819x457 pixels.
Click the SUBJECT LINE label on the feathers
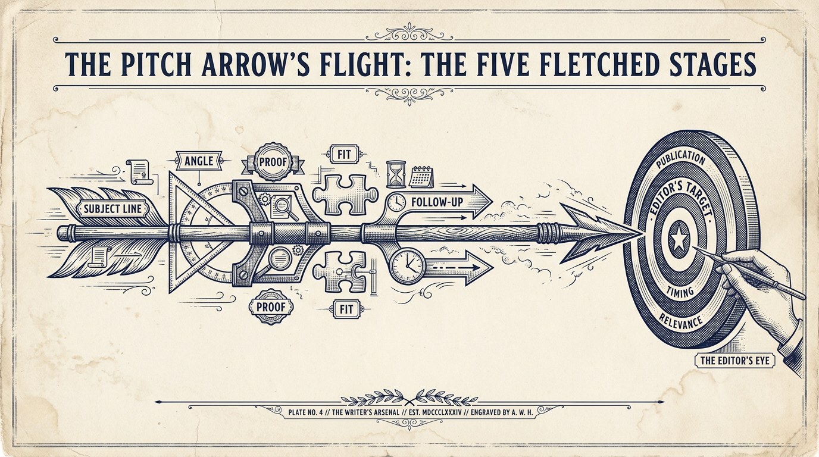[x=113, y=209]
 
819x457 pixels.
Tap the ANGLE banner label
[x=199, y=161]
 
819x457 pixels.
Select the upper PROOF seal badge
[x=273, y=162]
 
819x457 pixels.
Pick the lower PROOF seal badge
[x=271, y=306]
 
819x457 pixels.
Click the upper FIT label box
[x=344, y=155]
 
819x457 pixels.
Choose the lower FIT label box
[x=346, y=309]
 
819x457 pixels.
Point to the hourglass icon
[x=396, y=175]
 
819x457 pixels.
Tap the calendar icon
[x=421, y=177]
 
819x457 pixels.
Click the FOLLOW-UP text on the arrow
[x=437, y=202]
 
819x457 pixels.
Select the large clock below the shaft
[x=407, y=265]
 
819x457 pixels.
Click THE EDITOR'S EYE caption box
[x=734, y=361]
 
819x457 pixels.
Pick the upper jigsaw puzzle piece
[x=345, y=194]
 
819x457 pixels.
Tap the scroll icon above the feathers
[x=139, y=171]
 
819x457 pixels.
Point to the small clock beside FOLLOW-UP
[x=396, y=202]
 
